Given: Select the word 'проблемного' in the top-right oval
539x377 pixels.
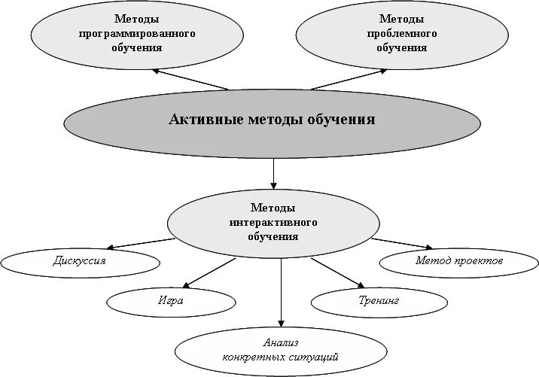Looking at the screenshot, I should click(401, 34).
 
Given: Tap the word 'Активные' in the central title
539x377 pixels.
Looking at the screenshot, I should click(206, 120).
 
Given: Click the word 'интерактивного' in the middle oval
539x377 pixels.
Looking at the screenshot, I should click(273, 223).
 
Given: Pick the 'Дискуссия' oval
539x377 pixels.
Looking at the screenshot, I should click(80, 262).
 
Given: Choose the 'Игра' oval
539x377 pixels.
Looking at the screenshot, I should click(171, 301).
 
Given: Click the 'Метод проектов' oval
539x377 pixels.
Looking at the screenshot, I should click(458, 262).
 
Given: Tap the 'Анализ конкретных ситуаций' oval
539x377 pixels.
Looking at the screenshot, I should click(281, 349).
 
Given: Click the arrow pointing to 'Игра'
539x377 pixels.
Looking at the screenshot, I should click(209, 272).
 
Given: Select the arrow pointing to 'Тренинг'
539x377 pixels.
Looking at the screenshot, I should click(337, 272).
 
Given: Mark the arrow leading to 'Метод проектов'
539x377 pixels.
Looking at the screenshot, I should click(403, 243).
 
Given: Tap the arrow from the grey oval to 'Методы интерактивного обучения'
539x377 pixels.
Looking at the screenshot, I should click(273, 172).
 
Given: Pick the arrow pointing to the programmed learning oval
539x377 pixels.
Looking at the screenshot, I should click(190, 80).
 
